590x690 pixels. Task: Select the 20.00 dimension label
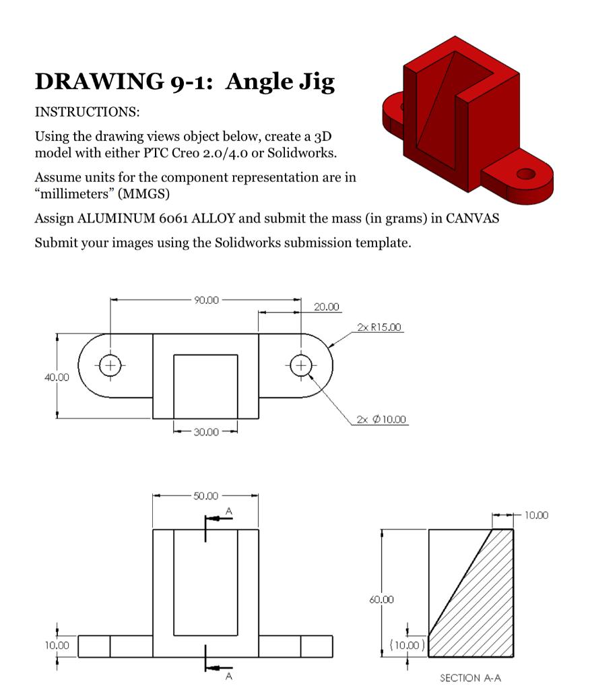pyautogui.click(x=327, y=307)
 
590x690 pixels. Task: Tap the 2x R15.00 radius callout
pyautogui.click(x=379, y=327)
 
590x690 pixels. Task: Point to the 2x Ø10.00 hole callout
pyautogui.click(x=381, y=420)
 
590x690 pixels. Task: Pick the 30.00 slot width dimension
pyautogui.click(x=206, y=432)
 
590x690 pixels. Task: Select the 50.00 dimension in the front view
pyautogui.click(x=206, y=496)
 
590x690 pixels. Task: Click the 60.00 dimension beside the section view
pyautogui.click(x=381, y=599)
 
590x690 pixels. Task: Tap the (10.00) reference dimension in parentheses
pyautogui.click(x=407, y=645)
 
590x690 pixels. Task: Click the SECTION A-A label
pyautogui.click(x=471, y=678)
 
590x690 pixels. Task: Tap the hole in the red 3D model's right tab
pyautogui.click(x=525, y=175)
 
